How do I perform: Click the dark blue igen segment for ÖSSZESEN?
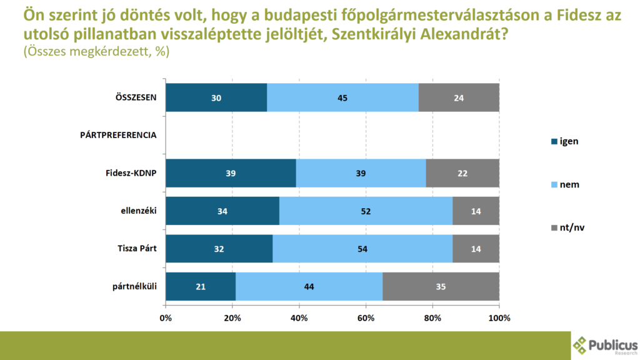pyautogui.click(x=216, y=97)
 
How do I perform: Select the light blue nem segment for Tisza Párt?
pyautogui.click(x=362, y=248)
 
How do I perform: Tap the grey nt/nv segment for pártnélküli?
pyautogui.click(x=441, y=286)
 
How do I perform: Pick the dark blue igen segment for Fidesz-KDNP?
pyautogui.click(x=231, y=172)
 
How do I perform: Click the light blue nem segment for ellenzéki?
pyautogui.click(x=366, y=211)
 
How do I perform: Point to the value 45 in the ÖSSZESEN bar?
pyautogui.click(x=342, y=98)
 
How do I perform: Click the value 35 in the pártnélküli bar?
pyautogui.click(x=441, y=286)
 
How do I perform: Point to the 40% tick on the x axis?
pyautogui.click(x=299, y=318)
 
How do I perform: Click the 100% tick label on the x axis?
pyautogui.click(x=499, y=318)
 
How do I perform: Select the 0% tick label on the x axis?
pyautogui.click(x=166, y=318)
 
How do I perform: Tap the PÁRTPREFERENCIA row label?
pyautogui.click(x=118, y=135)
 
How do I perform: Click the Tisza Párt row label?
pyautogui.click(x=136, y=248)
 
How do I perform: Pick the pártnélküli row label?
pyautogui.click(x=134, y=286)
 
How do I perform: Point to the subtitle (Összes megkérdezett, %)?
pyautogui.click(x=96, y=53)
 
